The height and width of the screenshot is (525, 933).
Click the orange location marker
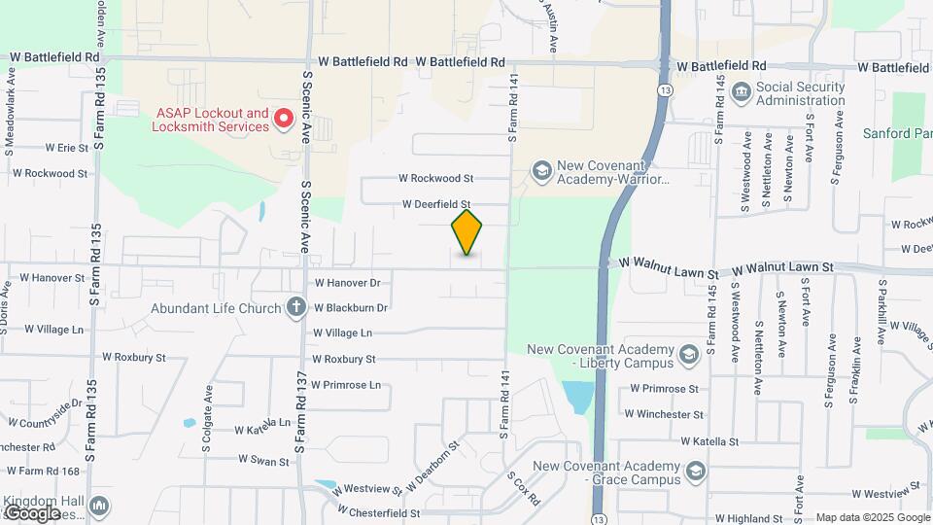pos(466,232)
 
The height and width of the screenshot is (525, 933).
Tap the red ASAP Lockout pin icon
pos(284,120)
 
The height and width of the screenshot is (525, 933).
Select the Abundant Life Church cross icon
pos(296,308)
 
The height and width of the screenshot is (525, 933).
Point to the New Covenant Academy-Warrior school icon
pos(540,172)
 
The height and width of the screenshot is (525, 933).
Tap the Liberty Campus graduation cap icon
pos(689,355)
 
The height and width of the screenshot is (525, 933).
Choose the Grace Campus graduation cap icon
pos(695,472)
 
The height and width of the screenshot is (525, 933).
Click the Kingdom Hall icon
pos(99,507)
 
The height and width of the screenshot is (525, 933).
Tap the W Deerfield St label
pos(436,205)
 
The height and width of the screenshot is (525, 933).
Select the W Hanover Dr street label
pos(347,283)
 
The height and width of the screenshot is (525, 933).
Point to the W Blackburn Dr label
pos(351,308)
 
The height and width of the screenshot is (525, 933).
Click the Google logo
pos(31,512)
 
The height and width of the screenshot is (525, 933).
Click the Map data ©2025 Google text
pos(872,517)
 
